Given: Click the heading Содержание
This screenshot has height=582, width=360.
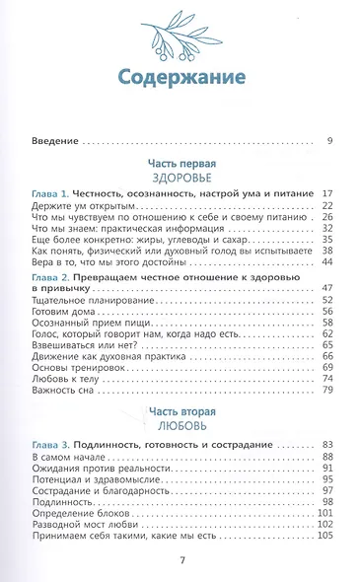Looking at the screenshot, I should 180,79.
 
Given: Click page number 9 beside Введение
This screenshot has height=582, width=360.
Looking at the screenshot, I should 329,142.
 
